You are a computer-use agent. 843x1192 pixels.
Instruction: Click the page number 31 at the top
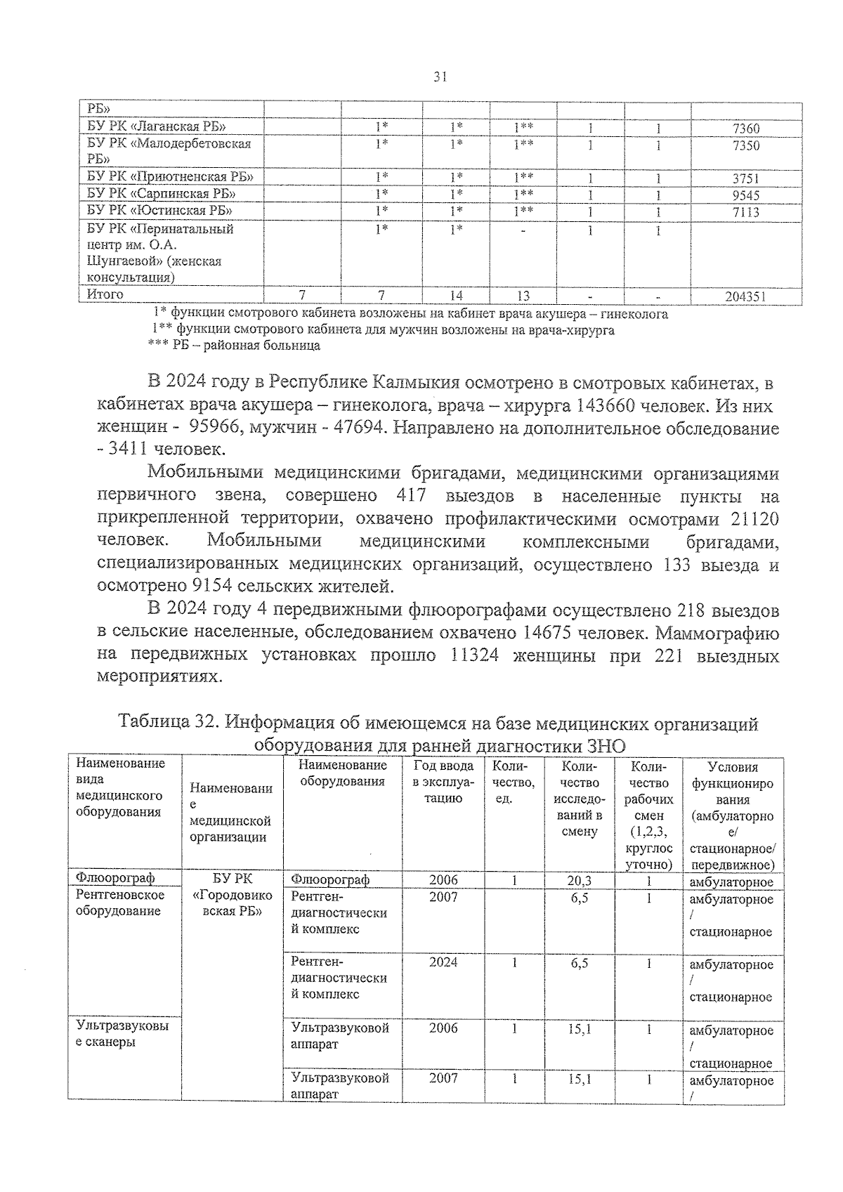[441, 77]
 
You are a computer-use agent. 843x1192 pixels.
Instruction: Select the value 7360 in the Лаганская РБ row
[745, 129]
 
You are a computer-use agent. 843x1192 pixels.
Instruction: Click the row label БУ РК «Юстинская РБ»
[159, 210]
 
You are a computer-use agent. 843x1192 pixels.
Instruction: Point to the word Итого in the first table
[105, 294]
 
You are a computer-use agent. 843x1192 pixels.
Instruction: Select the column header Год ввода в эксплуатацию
[443, 781]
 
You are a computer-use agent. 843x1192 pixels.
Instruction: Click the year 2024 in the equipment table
[443, 962]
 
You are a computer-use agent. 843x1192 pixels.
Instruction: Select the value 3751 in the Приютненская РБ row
[745, 178]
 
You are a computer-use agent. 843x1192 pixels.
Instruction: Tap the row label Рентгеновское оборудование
[120, 903]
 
